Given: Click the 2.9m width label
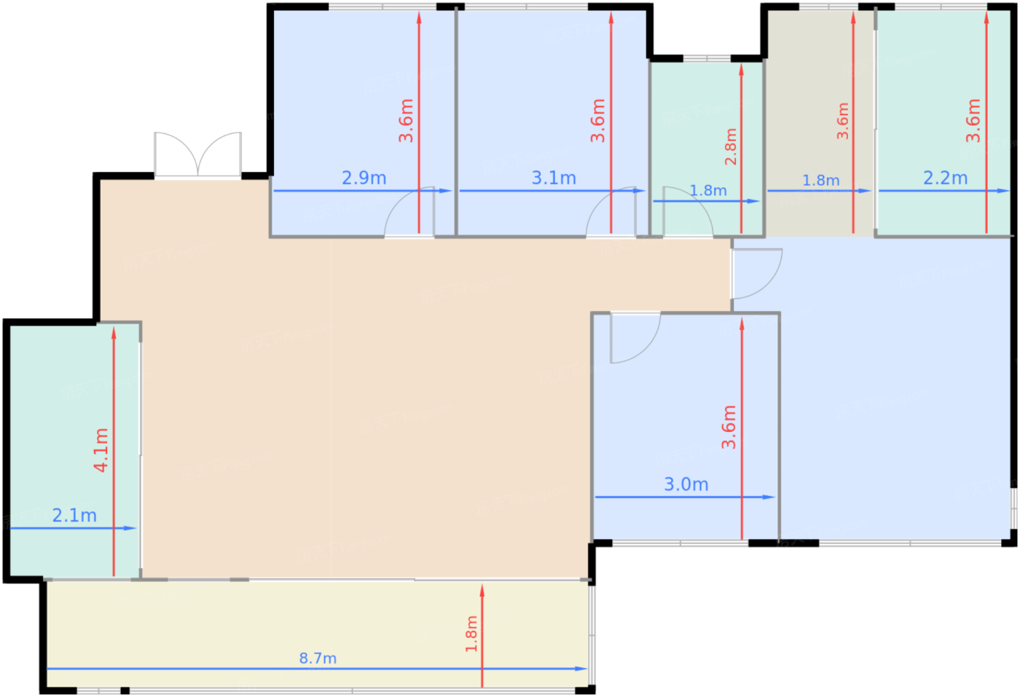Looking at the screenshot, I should pos(364,178).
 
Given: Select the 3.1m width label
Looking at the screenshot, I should pos(554,178).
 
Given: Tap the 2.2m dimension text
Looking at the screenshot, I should pos(945,178).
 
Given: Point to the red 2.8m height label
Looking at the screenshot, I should pos(731,146).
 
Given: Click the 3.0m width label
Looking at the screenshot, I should pos(686,484).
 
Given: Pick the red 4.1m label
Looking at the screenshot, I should pos(101,450).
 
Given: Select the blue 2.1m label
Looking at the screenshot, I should pos(74,516).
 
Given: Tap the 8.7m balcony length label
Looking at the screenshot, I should pos(318,658).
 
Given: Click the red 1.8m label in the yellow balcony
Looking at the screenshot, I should pos(471,634).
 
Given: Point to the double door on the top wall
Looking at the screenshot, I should pos(197,154).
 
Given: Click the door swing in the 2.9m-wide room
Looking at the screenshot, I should pos(409,212).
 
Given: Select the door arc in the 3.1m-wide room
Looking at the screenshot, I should pos(611,212).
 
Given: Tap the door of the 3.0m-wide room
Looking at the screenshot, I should pos(634,337).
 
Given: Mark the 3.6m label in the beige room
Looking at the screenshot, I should pos(843,121).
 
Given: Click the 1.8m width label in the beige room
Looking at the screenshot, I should pos(820,180).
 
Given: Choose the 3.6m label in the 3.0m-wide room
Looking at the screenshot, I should pos(729,427).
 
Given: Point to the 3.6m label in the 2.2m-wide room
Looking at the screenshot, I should pos(973,121).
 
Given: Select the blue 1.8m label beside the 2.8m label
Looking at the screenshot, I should pos(708,191).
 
